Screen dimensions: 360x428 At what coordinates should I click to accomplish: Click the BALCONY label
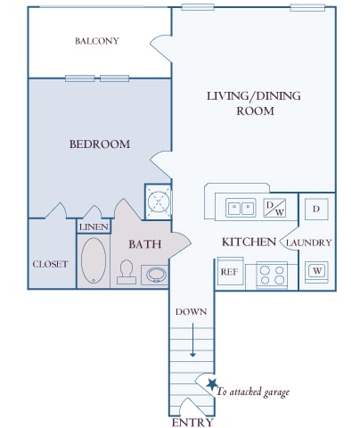97,41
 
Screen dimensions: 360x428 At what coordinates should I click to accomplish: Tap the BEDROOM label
100,144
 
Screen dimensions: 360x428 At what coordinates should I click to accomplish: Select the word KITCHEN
249,242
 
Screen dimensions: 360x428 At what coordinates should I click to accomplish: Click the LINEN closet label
94,227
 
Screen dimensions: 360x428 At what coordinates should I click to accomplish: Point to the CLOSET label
50,264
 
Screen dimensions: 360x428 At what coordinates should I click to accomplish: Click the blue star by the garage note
212,384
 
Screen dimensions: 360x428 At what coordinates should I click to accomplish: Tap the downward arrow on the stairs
192,340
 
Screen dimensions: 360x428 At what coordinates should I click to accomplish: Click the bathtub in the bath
94,260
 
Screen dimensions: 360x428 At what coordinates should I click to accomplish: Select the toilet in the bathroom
127,272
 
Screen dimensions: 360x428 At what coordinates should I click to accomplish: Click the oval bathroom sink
156,275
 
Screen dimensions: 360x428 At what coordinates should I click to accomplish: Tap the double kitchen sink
241,208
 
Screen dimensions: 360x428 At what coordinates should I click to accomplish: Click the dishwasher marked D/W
274,208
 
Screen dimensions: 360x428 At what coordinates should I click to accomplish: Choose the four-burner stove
272,275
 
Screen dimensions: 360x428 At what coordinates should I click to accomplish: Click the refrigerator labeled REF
231,272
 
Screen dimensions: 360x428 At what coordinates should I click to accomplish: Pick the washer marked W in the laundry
316,271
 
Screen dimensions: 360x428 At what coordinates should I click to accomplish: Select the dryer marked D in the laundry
316,210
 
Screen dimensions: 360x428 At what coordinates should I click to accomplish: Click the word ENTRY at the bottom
192,423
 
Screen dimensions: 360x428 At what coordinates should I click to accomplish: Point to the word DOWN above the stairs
191,312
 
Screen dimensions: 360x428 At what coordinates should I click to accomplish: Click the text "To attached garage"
253,392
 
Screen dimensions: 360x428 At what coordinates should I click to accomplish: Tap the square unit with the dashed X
159,202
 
